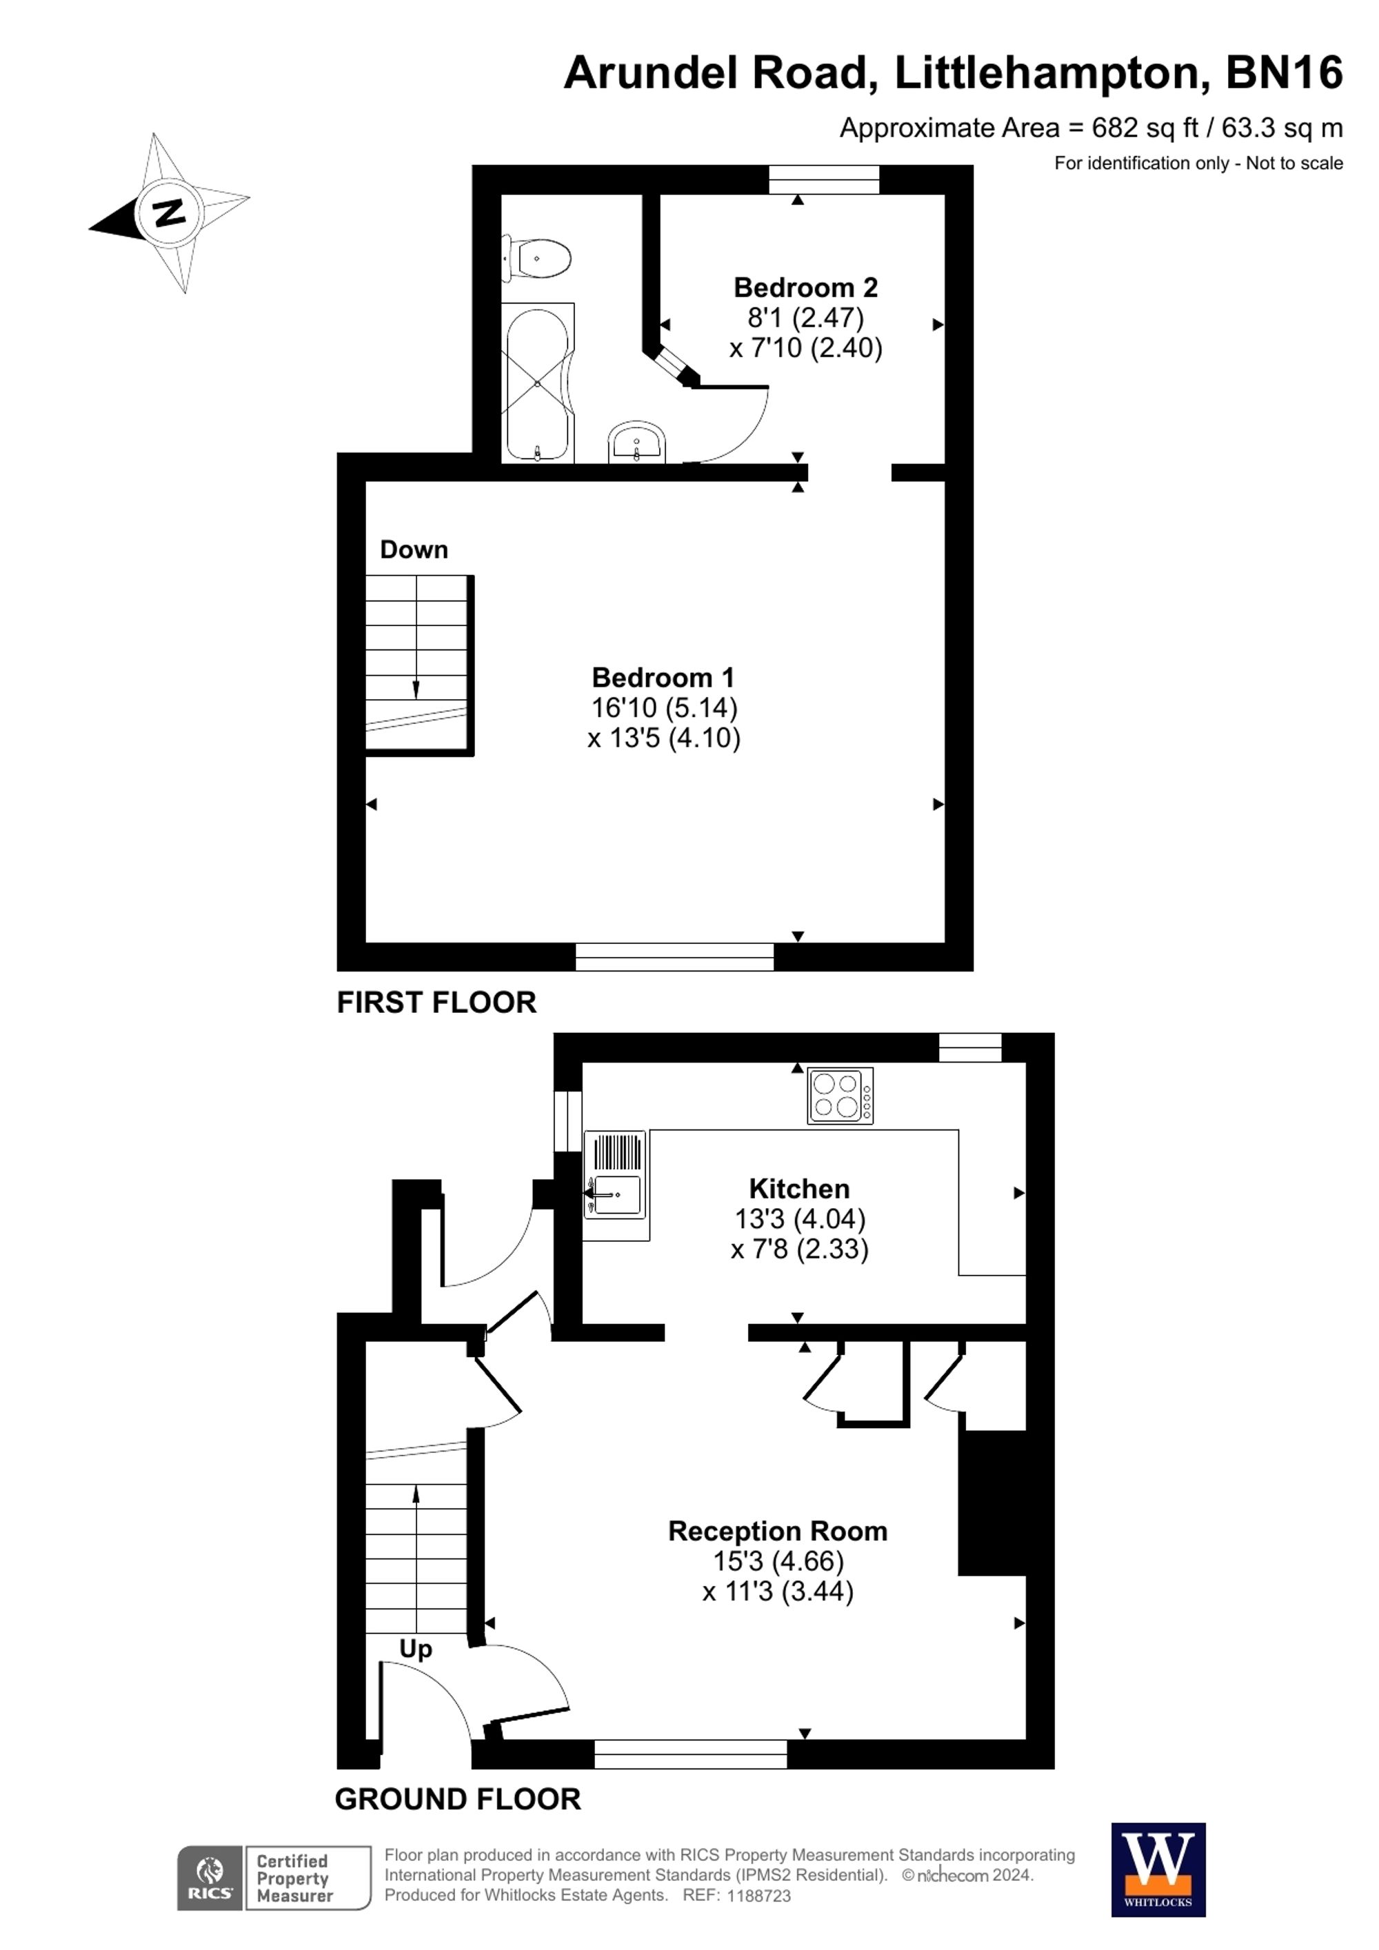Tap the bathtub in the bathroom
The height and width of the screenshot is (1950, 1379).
pos(538,383)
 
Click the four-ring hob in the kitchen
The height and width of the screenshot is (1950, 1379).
pos(840,1096)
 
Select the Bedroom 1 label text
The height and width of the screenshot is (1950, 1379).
pos(663,677)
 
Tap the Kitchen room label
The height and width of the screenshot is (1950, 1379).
pos(798,1188)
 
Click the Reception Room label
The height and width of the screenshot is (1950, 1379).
pos(777,1531)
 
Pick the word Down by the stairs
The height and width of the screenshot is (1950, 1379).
pos(414,550)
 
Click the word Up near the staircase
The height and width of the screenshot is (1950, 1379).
pos(415,1649)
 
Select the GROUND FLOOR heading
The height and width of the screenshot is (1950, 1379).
pos(458,1799)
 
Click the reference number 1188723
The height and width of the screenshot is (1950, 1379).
pos(758,1896)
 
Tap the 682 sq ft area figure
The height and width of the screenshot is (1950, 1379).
pos(1145,128)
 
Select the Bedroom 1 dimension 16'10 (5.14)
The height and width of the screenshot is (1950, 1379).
pos(663,707)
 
